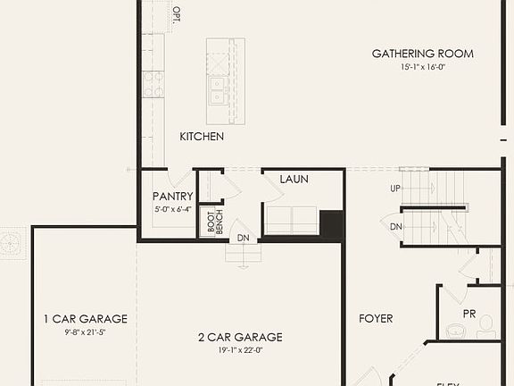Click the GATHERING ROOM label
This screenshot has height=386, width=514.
(x=422, y=54)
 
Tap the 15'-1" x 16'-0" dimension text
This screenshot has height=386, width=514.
(x=422, y=67)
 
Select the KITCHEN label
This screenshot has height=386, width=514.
(x=202, y=137)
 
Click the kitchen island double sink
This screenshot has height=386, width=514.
(x=216, y=90)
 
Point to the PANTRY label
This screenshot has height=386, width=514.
(x=173, y=197)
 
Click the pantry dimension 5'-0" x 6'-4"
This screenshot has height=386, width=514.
(x=172, y=209)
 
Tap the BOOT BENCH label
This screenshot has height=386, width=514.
(x=211, y=222)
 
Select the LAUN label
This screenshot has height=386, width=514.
(x=294, y=179)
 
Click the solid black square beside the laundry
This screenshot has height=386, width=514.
(x=332, y=224)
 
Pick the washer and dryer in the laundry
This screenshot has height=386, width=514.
(x=291, y=221)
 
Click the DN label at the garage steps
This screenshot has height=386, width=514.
(x=243, y=238)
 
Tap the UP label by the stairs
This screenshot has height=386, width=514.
(x=395, y=189)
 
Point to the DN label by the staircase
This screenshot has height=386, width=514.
(x=395, y=227)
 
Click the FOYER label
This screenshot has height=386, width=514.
(x=376, y=318)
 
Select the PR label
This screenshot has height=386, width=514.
(x=469, y=314)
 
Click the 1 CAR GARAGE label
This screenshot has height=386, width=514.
(x=86, y=319)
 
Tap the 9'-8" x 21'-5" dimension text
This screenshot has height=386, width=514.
(x=86, y=332)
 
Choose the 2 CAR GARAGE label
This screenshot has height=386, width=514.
(x=240, y=337)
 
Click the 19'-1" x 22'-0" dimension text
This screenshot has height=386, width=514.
(x=240, y=350)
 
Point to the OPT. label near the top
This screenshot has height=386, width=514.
(x=176, y=14)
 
